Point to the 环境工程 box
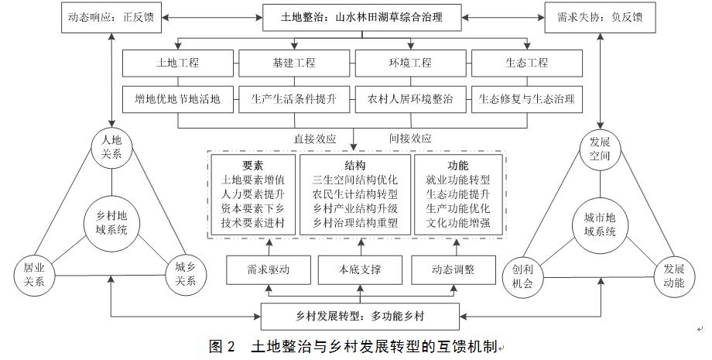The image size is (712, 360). (412, 61)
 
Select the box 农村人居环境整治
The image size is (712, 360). (412, 99)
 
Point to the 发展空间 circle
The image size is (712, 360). (600, 148)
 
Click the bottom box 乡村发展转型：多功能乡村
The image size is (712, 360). (355, 317)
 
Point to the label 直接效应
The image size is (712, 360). (315, 139)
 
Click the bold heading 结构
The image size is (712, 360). (355, 166)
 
